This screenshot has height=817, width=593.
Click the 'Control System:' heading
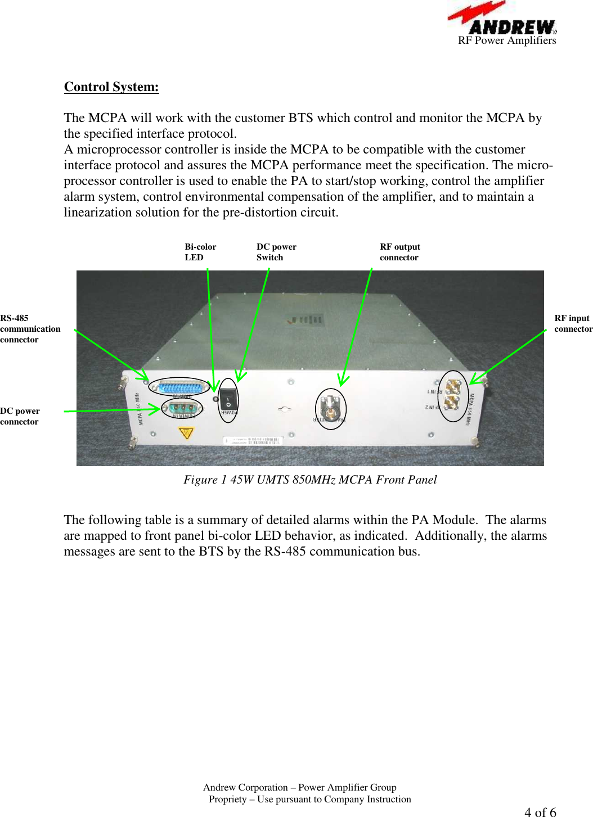coord(111,87)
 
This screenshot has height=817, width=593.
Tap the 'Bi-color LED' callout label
coord(200,252)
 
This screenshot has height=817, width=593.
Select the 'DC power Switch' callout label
coord(276,252)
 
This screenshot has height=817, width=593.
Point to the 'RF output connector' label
coord(399,252)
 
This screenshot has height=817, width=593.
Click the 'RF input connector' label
coord(573,323)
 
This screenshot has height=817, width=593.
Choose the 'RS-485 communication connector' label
coord(29,328)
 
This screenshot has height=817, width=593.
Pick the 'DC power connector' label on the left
coord(20,416)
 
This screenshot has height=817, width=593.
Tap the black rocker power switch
coord(228,400)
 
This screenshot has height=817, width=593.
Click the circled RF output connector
coord(331,409)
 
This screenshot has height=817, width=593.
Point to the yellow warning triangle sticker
coord(186,433)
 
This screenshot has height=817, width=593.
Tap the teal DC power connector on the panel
coord(182,408)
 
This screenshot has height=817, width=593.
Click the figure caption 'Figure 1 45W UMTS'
coord(310,480)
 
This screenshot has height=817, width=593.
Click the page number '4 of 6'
coord(540,811)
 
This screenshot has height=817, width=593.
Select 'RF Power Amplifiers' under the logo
coord(507,40)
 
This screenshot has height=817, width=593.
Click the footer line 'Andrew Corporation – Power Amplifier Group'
coord(299,787)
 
